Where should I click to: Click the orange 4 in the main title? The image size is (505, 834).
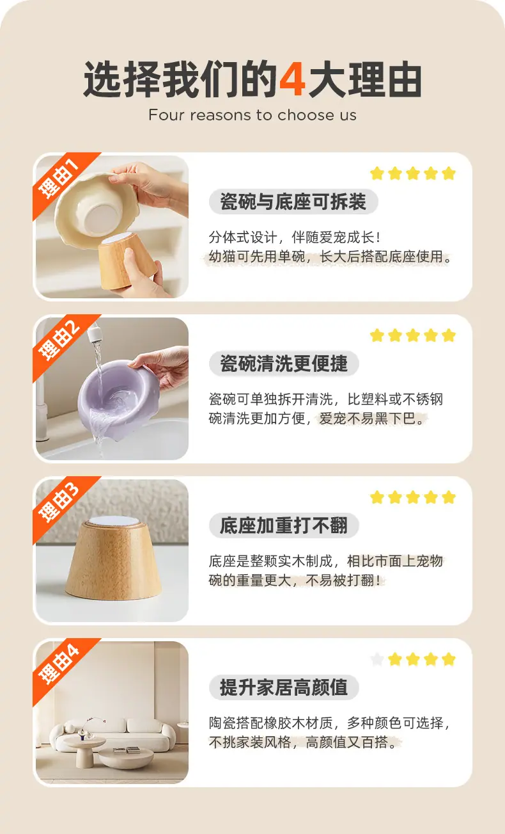[293, 81]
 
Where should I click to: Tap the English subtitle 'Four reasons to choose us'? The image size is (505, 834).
[252, 115]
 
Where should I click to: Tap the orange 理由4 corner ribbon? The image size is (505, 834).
[59, 663]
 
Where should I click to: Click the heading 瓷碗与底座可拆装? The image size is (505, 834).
[293, 202]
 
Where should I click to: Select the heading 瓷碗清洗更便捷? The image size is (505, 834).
[284, 364]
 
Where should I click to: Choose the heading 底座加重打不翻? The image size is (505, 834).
[284, 526]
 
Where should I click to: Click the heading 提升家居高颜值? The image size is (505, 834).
[284, 688]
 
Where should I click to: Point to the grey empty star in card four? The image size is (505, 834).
[377, 659]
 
